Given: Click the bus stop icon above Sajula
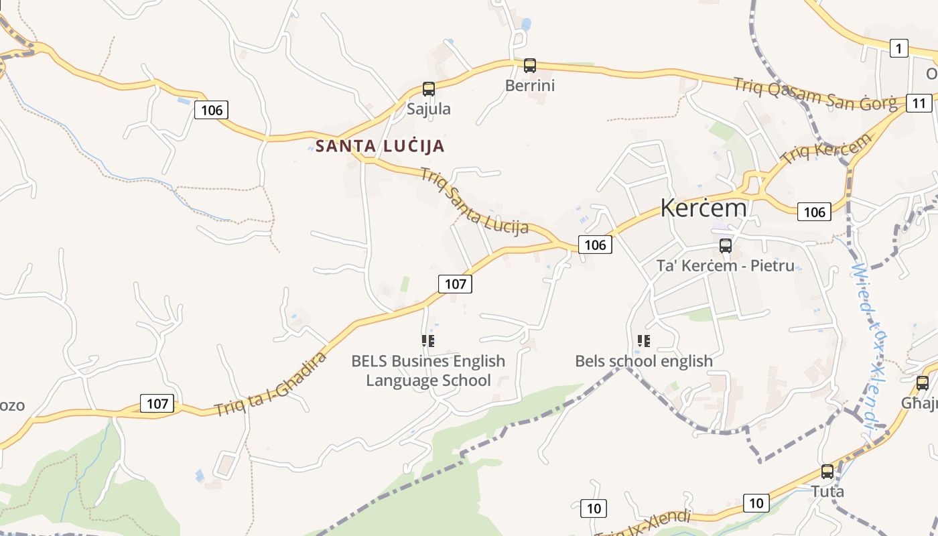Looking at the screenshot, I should click(429, 88).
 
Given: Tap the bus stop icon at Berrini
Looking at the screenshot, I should click(530, 66).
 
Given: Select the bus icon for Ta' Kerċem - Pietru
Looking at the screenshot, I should click(726, 245).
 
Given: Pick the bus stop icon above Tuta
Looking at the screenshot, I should click(827, 471).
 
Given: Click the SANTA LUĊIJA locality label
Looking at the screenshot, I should click(380, 146).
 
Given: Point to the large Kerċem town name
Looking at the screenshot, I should click(703, 208).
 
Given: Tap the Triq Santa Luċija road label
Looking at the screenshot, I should click(474, 201).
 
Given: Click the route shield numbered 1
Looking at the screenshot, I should click(898, 48).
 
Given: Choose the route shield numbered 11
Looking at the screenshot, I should click(919, 103).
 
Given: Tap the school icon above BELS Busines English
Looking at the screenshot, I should click(428, 341).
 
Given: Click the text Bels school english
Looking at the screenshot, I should click(644, 361).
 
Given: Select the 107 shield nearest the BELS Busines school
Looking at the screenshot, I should click(456, 284).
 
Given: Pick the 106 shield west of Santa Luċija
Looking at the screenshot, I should click(212, 110).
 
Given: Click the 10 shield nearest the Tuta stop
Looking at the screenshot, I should click(756, 503).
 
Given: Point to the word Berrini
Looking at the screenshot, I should click(530, 86).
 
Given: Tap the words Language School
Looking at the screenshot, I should click(428, 381).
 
